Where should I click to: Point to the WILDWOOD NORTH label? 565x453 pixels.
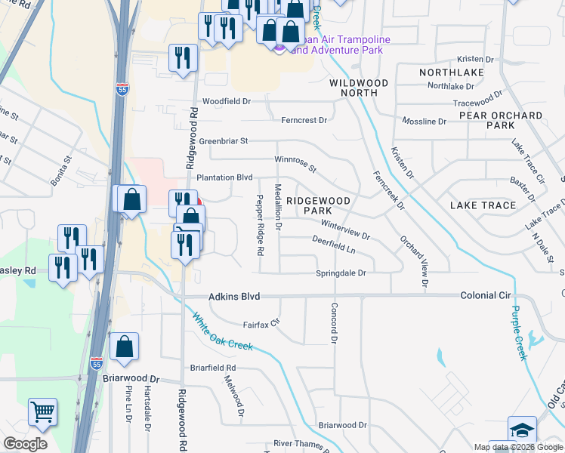coord(359,88)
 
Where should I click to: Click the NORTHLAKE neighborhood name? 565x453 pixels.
coord(452,72)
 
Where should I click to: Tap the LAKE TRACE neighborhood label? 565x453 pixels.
coord(483,205)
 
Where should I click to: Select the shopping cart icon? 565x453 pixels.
coord(42,412)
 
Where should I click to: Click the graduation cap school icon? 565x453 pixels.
coord(522,429)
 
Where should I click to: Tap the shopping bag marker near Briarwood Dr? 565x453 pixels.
coord(124,347)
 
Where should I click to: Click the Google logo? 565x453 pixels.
coord(25,444)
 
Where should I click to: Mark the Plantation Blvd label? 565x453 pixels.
coord(224,177)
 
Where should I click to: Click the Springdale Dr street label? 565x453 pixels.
coord(341,273)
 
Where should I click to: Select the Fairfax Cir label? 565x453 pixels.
coord(261,324)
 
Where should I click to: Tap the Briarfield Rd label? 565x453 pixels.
coord(214,368)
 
